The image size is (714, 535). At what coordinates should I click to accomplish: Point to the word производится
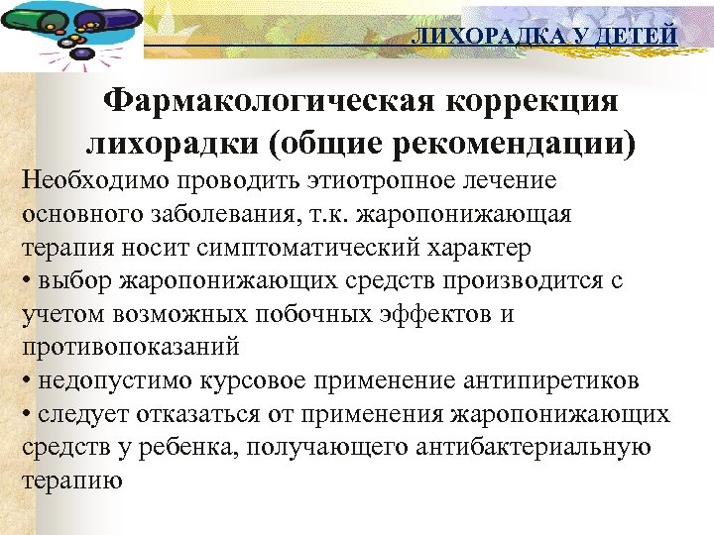(516, 280)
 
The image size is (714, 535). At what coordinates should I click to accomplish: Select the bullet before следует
(26, 415)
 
